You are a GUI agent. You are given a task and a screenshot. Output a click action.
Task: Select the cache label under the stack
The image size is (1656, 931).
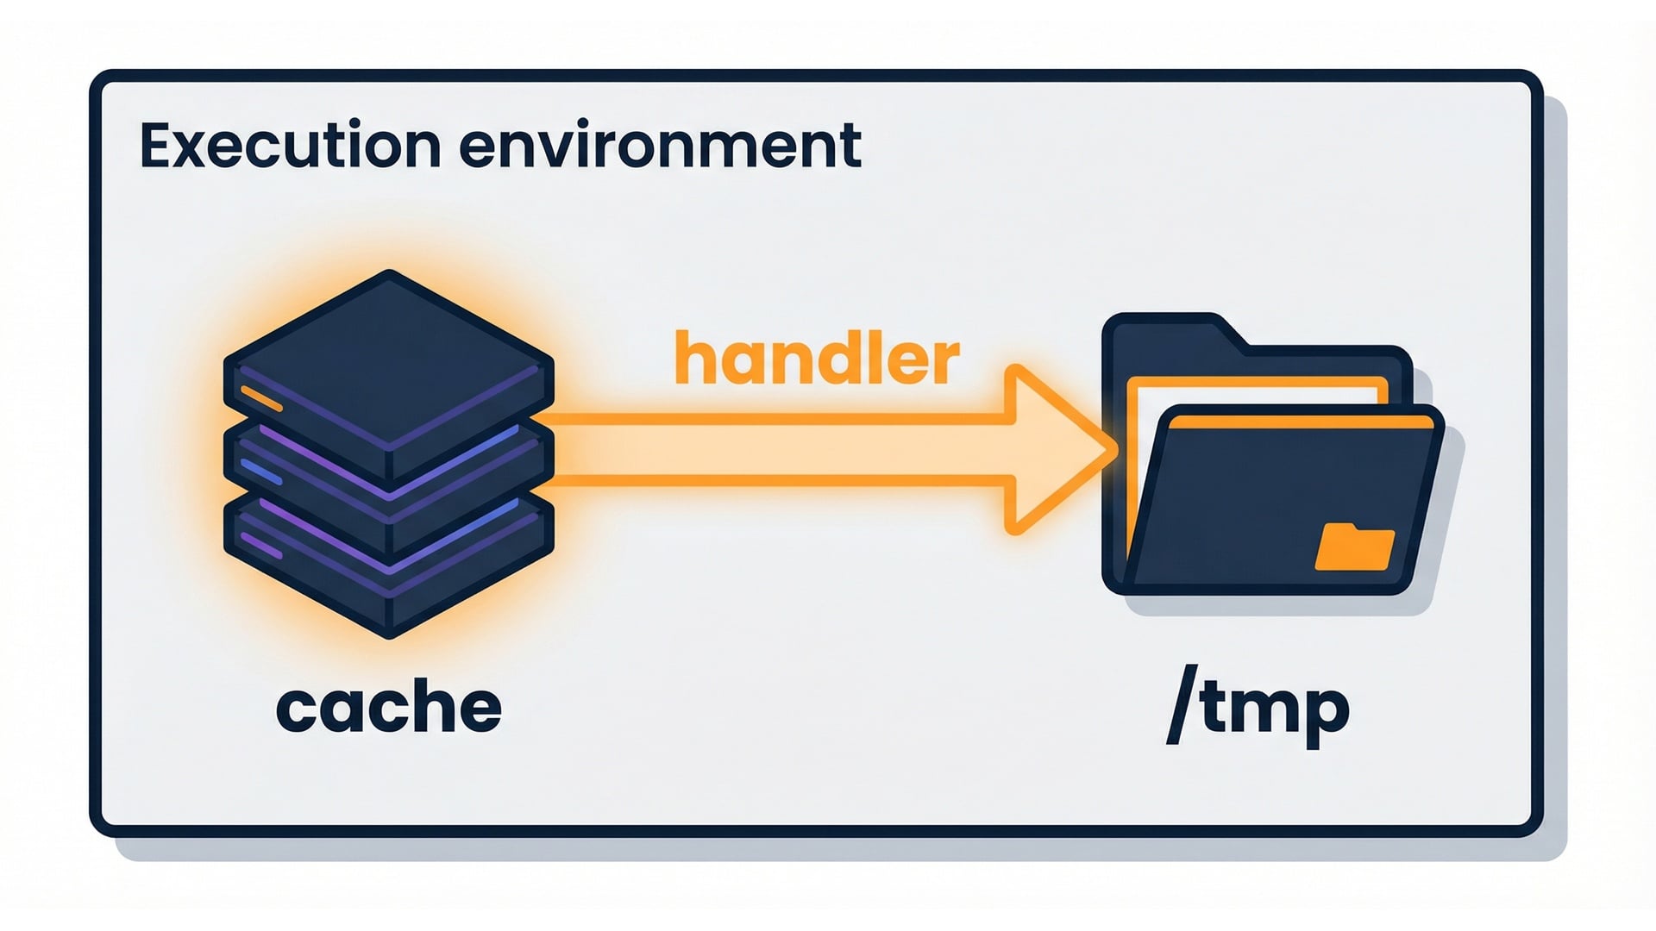(x=388, y=709)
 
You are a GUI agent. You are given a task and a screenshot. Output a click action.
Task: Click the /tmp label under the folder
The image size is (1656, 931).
(x=1257, y=709)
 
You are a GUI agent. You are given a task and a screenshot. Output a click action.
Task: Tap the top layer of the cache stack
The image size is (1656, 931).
(x=388, y=353)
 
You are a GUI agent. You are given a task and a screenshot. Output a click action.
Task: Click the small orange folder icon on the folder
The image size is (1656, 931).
(x=1353, y=547)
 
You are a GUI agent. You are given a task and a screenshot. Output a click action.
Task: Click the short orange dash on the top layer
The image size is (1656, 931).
(x=261, y=398)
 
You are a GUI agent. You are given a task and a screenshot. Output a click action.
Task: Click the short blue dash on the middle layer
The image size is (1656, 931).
(x=261, y=472)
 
